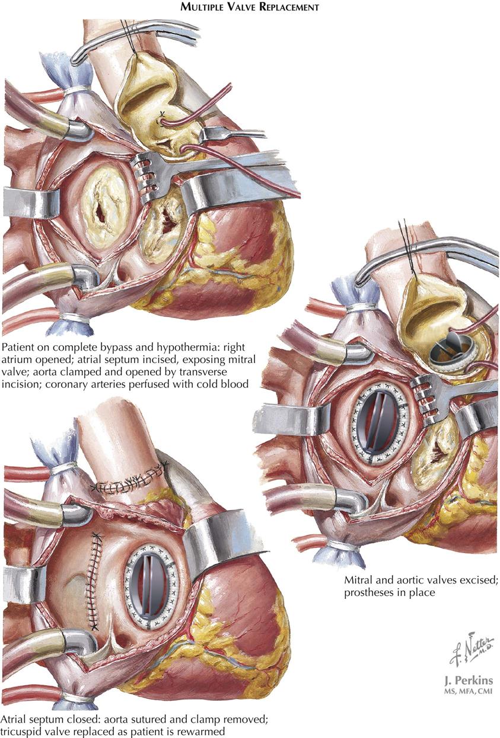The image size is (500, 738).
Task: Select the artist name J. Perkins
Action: pyautogui.click(x=464, y=679)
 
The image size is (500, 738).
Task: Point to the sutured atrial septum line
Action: pyautogui.click(x=93, y=580)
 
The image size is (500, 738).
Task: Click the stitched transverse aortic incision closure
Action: pyautogui.click(x=129, y=483)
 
